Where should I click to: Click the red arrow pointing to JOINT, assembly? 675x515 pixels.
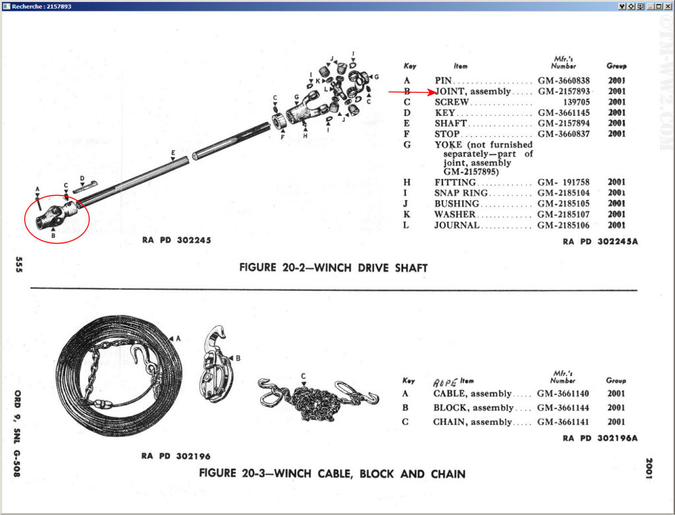pyautogui.click(x=409, y=92)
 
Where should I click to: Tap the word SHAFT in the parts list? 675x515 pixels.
pyautogui.click(x=450, y=123)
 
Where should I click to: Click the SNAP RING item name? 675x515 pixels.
pyautogui.click(x=461, y=193)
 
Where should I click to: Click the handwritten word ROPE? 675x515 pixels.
pyautogui.click(x=445, y=381)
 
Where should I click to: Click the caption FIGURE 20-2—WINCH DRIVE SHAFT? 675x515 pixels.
pyautogui.click(x=333, y=268)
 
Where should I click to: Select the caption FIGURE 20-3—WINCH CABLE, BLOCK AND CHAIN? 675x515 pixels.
pyautogui.click(x=332, y=474)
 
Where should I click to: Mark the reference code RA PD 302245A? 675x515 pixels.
pyautogui.click(x=601, y=242)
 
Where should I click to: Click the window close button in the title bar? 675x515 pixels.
pyautogui.click(x=667, y=6)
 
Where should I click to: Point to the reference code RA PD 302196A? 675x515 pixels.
pyautogui.click(x=601, y=438)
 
